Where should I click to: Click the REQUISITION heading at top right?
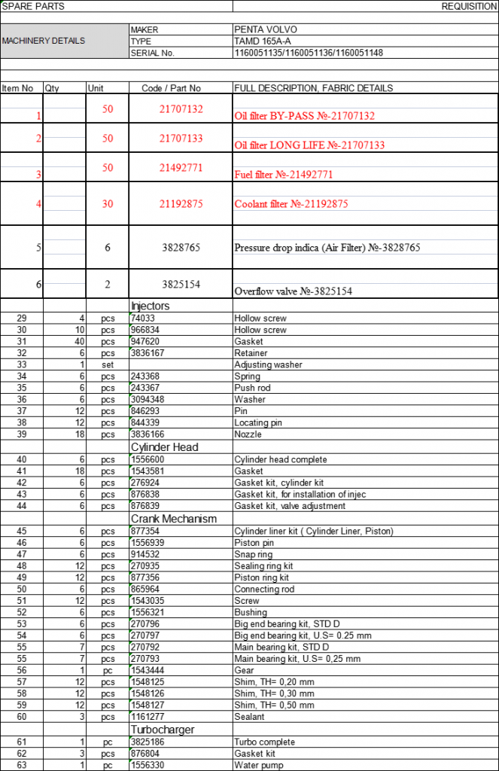pos(467,6)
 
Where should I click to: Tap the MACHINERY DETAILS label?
pos(44,41)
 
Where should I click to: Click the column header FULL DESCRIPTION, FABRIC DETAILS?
pos(313,88)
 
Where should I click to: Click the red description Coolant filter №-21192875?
pos(291,204)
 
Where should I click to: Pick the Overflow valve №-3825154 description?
pos(294,291)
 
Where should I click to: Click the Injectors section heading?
pos(151,306)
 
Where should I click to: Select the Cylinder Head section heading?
pos(164,447)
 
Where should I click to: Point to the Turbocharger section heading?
pos(163,730)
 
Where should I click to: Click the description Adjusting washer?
pos(268,364)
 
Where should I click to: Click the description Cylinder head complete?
pos(280,459)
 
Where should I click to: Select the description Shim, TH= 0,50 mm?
pos(275,705)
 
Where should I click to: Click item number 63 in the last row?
pos(22,765)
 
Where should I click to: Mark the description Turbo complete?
pos(264,742)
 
